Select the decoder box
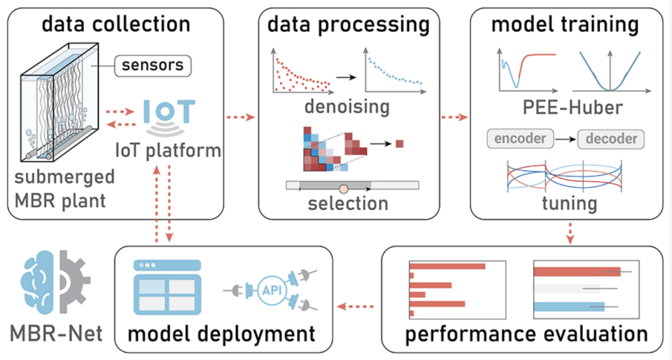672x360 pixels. [x=610, y=139]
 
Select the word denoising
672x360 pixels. [x=347, y=106]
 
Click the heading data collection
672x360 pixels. [x=116, y=24]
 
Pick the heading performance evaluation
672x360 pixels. [x=526, y=334]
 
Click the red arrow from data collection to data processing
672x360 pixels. [x=241, y=117]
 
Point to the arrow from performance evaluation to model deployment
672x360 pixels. [x=354, y=306]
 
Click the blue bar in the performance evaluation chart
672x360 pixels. [x=569, y=307]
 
